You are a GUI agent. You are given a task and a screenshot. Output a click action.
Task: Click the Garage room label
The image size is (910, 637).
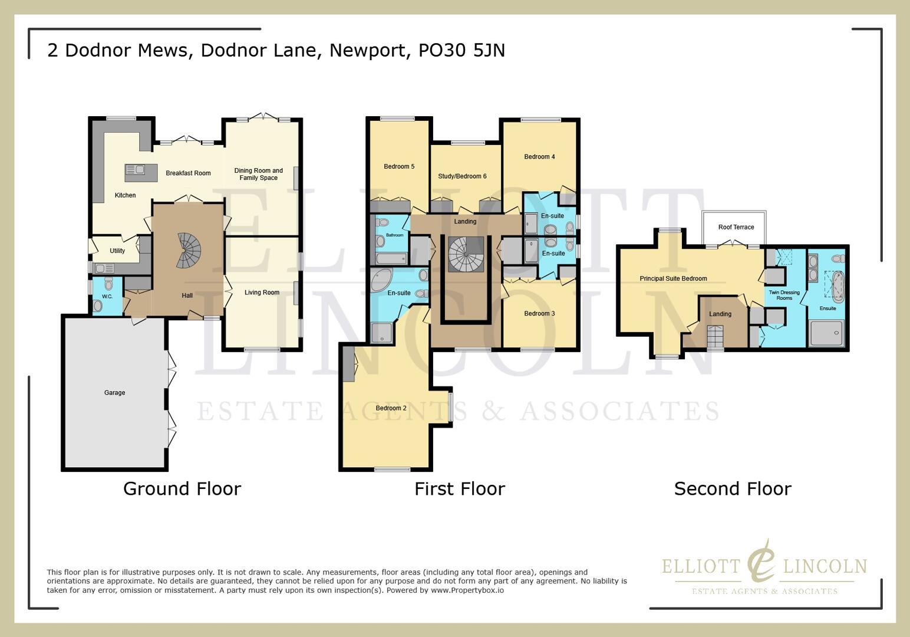[x=114, y=393]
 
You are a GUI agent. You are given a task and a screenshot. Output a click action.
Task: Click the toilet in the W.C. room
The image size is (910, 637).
[x=98, y=306]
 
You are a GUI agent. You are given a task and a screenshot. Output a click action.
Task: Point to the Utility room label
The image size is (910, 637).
[x=117, y=251]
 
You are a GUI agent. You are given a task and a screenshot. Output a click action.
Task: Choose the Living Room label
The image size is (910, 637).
[x=262, y=293]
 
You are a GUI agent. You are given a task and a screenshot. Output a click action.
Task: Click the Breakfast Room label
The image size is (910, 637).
[x=188, y=173]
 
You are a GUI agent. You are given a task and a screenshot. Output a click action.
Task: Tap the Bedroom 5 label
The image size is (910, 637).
[x=399, y=166]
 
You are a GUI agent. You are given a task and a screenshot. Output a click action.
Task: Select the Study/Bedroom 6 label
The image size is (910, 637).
[x=462, y=176]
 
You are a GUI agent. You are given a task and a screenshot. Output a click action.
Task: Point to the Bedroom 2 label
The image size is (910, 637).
[x=391, y=408]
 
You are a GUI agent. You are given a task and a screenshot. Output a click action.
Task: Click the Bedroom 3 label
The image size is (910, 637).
[x=539, y=314]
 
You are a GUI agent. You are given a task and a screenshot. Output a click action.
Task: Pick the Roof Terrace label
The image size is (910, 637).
[x=736, y=227]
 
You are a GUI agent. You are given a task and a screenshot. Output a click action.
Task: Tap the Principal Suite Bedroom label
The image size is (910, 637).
[x=673, y=278]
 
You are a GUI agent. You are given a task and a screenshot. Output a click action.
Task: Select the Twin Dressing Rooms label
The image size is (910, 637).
[x=784, y=295]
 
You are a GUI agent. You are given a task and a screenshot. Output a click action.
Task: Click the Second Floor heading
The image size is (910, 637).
[x=732, y=489]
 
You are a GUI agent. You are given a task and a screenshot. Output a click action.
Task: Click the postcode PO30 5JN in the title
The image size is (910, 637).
[x=461, y=51]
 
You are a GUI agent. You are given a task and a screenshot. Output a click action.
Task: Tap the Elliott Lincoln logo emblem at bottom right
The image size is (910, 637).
[x=761, y=560]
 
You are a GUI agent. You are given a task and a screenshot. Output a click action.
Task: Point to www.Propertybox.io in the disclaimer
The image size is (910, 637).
[x=467, y=590]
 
